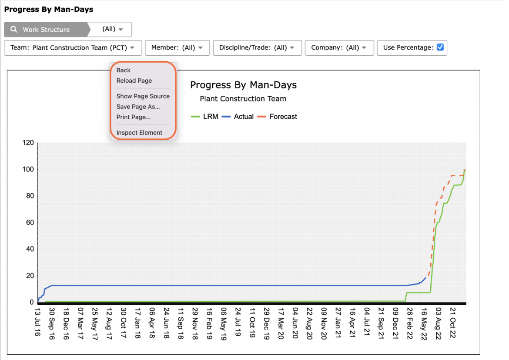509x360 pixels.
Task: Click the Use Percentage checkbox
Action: [440, 47]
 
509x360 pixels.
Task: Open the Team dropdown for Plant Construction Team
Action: [73, 48]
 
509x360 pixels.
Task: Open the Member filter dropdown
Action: [177, 48]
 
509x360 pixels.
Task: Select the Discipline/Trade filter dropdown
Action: [258, 48]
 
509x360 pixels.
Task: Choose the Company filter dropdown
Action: [339, 48]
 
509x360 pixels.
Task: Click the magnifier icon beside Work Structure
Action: [13, 29]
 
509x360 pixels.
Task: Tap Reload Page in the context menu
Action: [134, 81]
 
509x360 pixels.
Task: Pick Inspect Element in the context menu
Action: [139, 133]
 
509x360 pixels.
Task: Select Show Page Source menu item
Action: [143, 96]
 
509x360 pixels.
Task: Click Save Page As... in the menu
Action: [138, 107]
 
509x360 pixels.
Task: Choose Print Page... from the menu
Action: [134, 117]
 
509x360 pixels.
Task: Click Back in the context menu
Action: [124, 70]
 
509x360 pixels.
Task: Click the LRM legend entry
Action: [204, 117]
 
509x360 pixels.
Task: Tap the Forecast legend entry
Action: [277, 117]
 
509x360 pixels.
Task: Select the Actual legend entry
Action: [238, 117]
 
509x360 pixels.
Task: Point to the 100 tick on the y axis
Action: [28, 169]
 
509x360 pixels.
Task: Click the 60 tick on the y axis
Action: [30, 222]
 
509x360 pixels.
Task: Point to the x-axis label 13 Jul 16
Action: [38, 322]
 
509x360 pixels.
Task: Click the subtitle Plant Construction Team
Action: [243, 99]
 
